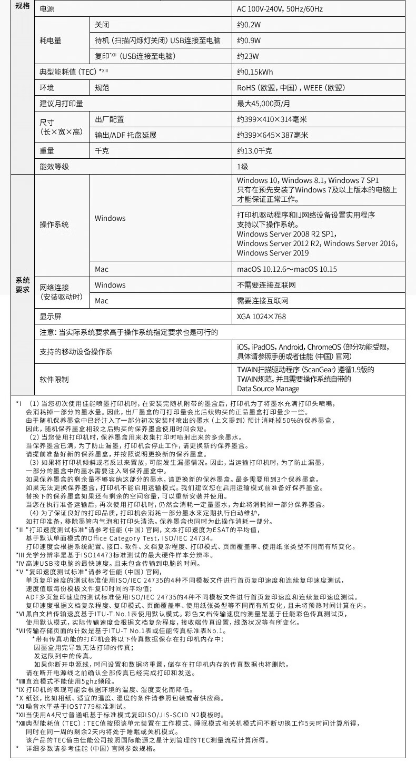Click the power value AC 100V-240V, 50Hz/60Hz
[x=280, y=9]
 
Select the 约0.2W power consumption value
[x=249, y=25]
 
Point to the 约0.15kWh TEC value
[x=254, y=72]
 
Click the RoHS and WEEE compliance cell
[x=291, y=88]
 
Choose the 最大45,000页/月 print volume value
[x=263, y=104]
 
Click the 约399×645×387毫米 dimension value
[x=273, y=135]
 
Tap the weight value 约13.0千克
[x=254, y=151]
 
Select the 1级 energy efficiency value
[x=242, y=167]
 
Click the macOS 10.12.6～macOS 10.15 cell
[x=286, y=269]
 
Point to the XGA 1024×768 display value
[x=261, y=317]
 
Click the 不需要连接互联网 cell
[x=266, y=285]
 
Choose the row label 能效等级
[x=54, y=167]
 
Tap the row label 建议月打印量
[x=61, y=104]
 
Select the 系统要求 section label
[x=22, y=284]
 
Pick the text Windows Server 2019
[x=273, y=253]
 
